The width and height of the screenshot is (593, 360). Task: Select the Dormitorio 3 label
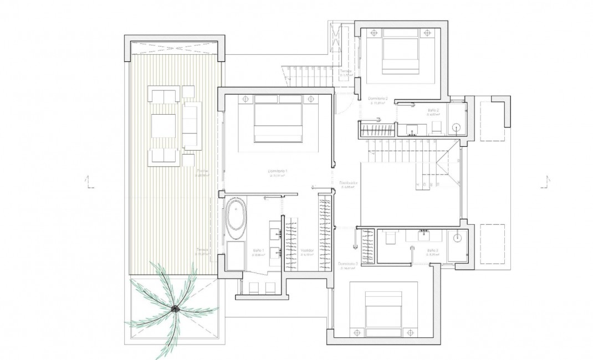click(x=347, y=264)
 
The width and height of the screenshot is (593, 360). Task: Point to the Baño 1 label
click(x=258, y=251)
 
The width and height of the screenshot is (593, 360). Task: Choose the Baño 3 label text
click(x=432, y=251)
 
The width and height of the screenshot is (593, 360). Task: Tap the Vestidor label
click(x=308, y=251)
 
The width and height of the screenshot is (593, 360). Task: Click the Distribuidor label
click(x=348, y=183)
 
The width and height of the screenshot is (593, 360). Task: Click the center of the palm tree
click(x=174, y=308)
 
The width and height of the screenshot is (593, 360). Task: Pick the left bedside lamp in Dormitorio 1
click(x=244, y=99)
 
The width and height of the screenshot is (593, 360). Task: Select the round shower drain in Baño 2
click(x=457, y=127)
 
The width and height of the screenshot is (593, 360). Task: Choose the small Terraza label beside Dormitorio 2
click(x=346, y=71)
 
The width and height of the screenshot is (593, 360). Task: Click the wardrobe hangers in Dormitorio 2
click(x=377, y=131)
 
